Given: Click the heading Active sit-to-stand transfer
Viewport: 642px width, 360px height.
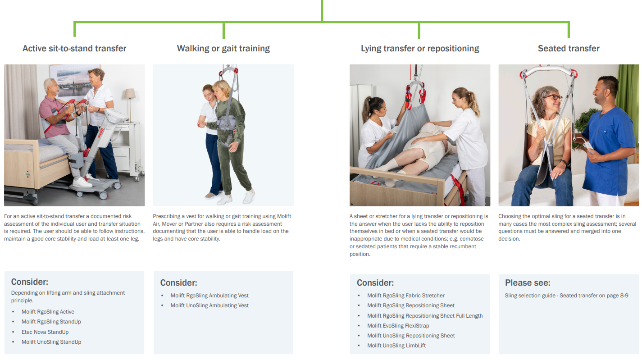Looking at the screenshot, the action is click(x=74, y=49).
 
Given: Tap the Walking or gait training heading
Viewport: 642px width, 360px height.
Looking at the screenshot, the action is click(x=223, y=49).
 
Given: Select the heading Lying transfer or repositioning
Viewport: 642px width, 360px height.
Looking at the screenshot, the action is click(x=420, y=49).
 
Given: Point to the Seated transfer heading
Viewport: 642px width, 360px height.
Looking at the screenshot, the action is click(x=569, y=49).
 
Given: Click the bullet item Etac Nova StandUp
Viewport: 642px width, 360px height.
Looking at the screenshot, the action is click(x=45, y=332).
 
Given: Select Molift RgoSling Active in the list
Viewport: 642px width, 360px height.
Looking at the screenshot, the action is click(x=48, y=311).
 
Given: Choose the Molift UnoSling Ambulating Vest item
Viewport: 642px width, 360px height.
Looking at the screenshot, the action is click(x=209, y=305).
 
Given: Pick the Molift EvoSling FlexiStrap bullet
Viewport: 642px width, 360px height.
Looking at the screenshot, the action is click(x=398, y=326).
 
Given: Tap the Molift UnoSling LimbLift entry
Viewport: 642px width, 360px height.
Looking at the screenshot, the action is click(x=396, y=346).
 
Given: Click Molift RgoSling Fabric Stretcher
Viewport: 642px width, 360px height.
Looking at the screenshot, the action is click(x=406, y=296).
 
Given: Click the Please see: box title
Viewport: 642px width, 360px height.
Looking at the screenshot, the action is click(x=528, y=283).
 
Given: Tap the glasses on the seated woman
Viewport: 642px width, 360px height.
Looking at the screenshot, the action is click(x=553, y=97).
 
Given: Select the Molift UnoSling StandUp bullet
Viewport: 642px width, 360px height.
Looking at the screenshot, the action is click(x=51, y=342).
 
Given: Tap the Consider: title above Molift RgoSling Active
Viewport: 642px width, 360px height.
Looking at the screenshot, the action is click(x=30, y=282).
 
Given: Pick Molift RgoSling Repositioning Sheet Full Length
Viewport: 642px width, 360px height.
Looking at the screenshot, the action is click(x=425, y=315).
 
